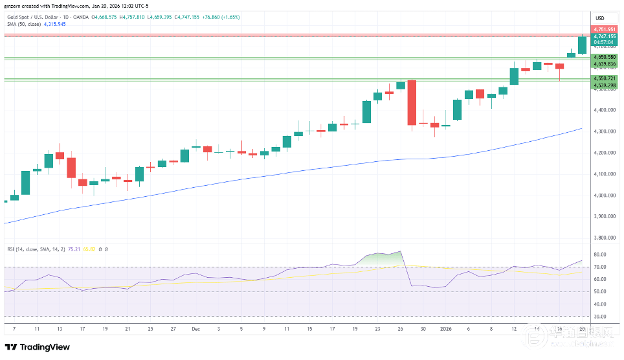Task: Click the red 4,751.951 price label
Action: (605, 29)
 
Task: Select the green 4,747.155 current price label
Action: (605, 36)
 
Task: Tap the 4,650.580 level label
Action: (605, 57)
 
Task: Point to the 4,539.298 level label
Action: (605, 85)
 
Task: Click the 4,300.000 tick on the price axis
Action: (605, 131)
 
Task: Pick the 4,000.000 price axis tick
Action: (605, 196)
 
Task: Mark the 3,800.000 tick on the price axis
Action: (605, 238)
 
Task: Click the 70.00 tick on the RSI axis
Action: (600, 267)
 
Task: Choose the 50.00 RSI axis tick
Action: (600, 291)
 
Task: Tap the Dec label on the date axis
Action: (195, 329)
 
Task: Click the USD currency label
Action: (599, 17)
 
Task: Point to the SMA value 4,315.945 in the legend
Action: (55, 24)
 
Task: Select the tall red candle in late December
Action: (411, 102)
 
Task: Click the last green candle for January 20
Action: (582, 45)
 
